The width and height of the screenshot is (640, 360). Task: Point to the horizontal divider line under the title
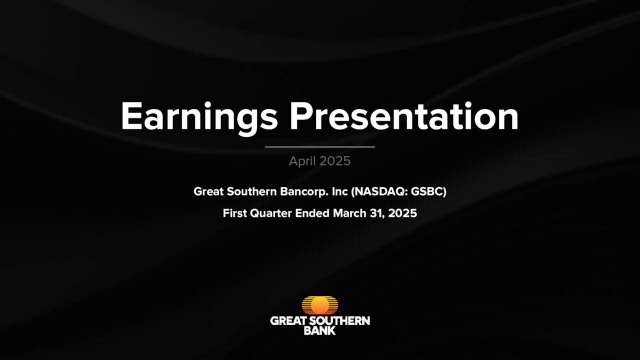point(319,147)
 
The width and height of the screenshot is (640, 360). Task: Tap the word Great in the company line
point(210,190)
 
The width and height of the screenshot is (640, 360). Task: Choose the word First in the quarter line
point(239,212)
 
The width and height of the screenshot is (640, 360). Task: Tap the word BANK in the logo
point(319,331)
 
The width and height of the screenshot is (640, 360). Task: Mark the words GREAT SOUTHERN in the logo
point(319,321)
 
